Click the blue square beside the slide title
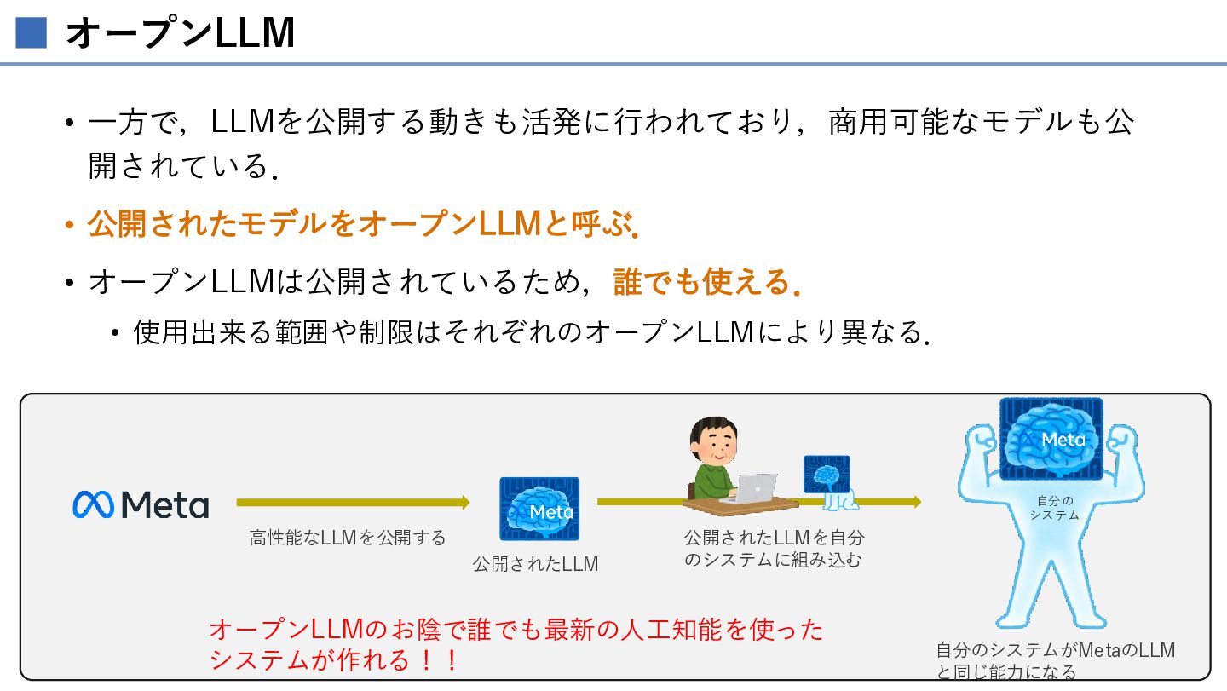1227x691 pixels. [32, 33]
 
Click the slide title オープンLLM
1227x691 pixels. [180, 33]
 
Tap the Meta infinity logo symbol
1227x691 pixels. [93, 504]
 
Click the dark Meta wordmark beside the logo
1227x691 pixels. [165, 504]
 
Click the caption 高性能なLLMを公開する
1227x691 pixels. [348, 538]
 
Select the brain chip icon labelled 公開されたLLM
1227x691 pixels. [539, 509]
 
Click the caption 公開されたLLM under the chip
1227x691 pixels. [535, 564]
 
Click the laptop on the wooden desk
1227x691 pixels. [750, 488]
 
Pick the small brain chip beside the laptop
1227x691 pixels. [827, 475]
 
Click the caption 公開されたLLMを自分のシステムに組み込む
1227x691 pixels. [774, 549]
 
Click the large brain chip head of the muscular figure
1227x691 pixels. [1051, 439]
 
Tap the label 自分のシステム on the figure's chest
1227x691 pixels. [1055, 508]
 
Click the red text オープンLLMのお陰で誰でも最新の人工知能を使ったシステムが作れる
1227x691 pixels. [516, 644]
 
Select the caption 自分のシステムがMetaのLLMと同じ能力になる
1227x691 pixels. [1056, 660]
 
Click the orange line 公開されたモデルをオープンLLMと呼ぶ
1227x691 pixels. [363, 224]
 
